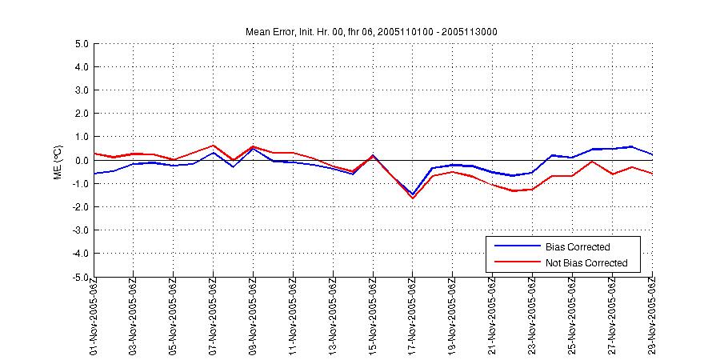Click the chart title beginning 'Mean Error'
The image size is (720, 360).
click(x=372, y=31)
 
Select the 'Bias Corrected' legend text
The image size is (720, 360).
click(x=578, y=247)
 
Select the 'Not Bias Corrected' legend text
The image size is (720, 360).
click(x=586, y=263)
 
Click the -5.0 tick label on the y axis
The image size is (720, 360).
click(x=79, y=277)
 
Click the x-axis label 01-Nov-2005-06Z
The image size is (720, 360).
click(x=94, y=316)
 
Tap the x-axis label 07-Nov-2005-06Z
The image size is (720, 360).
click(x=214, y=316)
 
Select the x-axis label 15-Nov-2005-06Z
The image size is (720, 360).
click(x=373, y=316)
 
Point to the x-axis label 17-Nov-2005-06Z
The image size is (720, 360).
click(x=413, y=316)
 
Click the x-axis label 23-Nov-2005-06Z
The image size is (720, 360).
click(x=532, y=316)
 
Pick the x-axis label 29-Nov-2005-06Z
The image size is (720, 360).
click(x=651, y=316)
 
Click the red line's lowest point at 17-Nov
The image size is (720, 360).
click(x=413, y=198)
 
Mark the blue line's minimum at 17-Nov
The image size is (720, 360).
click(x=413, y=194)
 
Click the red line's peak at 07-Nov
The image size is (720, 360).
click(x=214, y=146)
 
